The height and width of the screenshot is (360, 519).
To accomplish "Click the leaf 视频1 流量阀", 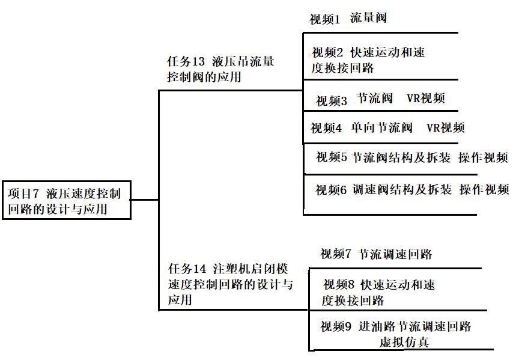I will click(x=348, y=19).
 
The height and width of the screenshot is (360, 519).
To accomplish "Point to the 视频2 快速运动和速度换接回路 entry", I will click(x=368, y=60).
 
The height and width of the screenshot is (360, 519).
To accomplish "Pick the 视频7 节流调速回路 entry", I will click(x=376, y=254).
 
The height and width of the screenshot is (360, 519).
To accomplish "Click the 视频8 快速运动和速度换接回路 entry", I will click(x=378, y=292).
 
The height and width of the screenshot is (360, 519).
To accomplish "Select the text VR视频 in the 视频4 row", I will click(x=445, y=128).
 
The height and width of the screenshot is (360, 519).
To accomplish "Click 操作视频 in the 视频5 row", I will click(x=483, y=158).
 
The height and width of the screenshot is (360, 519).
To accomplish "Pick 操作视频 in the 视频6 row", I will click(x=484, y=190).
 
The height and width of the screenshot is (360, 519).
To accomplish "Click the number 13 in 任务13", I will click(x=199, y=62).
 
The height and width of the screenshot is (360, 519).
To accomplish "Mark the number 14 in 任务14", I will click(x=200, y=269).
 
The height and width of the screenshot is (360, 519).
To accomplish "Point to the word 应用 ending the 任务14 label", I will click(x=180, y=299).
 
